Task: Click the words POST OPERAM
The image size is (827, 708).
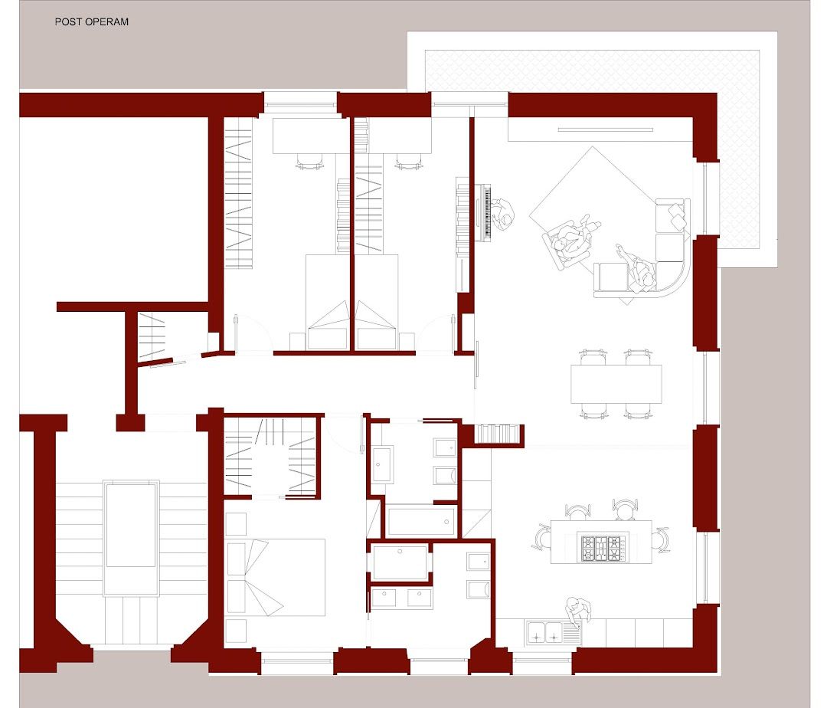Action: coord(92,21)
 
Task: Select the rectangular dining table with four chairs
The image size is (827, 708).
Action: coord(616,384)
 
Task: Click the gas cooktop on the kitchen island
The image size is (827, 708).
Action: coord(601,548)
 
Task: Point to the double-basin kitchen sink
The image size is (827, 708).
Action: coord(545,631)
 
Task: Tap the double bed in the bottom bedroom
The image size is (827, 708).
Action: coord(276,577)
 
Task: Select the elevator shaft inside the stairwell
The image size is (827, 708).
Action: coord(131,537)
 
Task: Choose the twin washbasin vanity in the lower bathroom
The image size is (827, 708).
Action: coord(401,598)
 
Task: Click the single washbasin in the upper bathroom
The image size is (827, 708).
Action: coord(382,465)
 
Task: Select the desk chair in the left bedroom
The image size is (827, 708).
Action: coord(309,161)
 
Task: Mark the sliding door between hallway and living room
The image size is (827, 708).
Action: coord(476,365)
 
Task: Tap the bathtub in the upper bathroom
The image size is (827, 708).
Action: coord(421,521)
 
